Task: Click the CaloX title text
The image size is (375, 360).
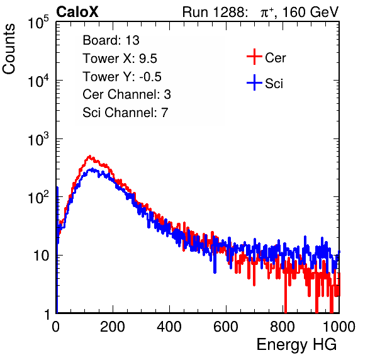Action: pyautogui.click(x=77, y=12)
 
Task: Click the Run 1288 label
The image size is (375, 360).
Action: pyautogui.click(x=215, y=12)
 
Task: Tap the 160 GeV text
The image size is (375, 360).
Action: pyautogui.click(x=310, y=12)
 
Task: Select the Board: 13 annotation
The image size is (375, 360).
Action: pyautogui.click(x=111, y=40)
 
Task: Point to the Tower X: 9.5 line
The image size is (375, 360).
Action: pyautogui.click(x=120, y=59)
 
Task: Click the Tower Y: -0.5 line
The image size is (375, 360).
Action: pyautogui.click(x=122, y=77)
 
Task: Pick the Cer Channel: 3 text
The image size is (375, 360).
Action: pyautogui.click(x=126, y=94)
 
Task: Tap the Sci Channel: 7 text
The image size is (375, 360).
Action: pyautogui.click(x=125, y=113)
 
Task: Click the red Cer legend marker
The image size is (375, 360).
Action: pyautogui.click(x=254, y=57)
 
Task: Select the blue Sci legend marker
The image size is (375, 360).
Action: pyautogui.click(x=254, y=82)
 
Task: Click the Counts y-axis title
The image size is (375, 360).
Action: pyautogui.click(x=9, y=49)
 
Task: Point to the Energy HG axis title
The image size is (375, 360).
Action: pyautogui.click(x=296, y=345)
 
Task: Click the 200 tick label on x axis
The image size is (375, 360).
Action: pyautogui.click(x=113, y=326)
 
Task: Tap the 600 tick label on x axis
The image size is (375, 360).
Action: pyautogui.click(x=226, y=326)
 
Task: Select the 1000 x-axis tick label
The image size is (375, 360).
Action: pyautogui.click(x=339, y=326)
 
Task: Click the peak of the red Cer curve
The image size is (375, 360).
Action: pyautogui.click(x=89, y=156)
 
